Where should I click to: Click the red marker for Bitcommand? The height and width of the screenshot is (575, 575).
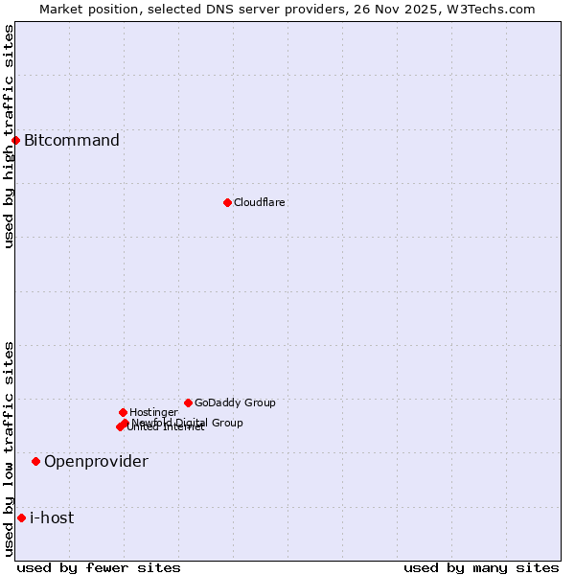tap(15, 141)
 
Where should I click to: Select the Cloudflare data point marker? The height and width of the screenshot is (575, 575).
tap(227, 202)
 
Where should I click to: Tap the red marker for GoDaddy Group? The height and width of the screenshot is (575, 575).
tap(188, 402)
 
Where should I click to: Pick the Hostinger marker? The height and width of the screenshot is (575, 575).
tap(123, 412)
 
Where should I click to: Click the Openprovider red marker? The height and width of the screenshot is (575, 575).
tap(35, 461)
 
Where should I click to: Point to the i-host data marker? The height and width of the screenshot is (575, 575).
tap(21, 517)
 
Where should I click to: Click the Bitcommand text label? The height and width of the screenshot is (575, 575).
tap(72, 141)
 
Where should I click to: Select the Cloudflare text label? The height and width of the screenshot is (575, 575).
tap(259, 202)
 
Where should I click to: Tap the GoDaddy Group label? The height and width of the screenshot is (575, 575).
tap(235, 402)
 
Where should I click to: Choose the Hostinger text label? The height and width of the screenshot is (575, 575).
tap(153, 412)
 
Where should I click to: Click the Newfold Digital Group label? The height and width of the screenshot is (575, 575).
tap(188, 422)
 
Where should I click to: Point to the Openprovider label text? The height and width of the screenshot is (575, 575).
tap(96, 461)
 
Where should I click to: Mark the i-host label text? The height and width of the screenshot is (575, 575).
tap(52, 517)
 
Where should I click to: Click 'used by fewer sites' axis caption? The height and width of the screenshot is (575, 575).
tap(99, 567)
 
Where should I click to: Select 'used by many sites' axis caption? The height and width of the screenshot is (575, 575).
tap(481, 567)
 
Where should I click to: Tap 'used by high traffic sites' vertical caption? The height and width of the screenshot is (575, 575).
tap(9, 137)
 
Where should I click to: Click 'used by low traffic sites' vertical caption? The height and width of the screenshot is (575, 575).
tap(9, 448)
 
